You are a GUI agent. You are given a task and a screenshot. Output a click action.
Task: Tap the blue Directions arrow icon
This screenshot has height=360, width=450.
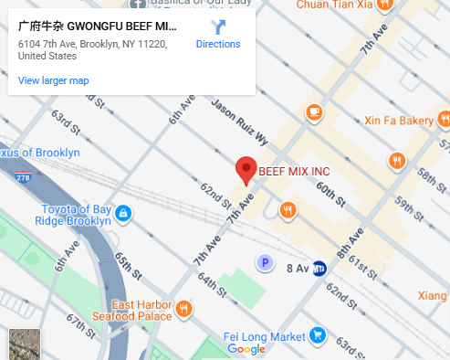pyautogui.click(x=218, y=27)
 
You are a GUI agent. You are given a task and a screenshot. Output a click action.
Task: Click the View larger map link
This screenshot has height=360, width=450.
pyautogui.click(x=53, y=80)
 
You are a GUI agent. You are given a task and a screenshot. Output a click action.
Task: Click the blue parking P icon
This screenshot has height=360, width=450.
pyautogui.click(x=265, y=263)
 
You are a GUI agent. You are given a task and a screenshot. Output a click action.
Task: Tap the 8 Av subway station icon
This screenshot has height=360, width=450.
pyautogui.click(x=320, y=268)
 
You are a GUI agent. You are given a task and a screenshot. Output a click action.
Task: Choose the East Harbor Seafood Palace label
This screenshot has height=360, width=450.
pyautogui.click(x=141, y=310)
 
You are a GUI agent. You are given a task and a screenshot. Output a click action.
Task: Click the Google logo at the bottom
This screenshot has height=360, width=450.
pyautogui.click(x=246, y=349)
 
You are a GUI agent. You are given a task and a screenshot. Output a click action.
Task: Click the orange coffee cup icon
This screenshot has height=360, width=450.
pyautogui.click(x=315, y=112)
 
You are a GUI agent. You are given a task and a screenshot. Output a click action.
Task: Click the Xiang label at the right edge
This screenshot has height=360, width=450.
pyautogui.click(x=433, y=294)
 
